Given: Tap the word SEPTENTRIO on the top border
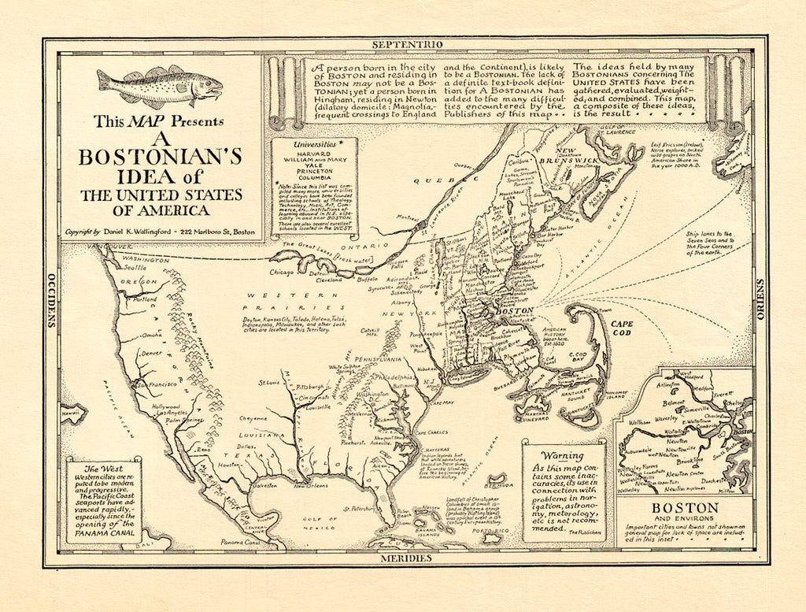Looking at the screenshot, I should point(405,45).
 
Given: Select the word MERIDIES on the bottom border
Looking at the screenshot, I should point(406,558).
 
